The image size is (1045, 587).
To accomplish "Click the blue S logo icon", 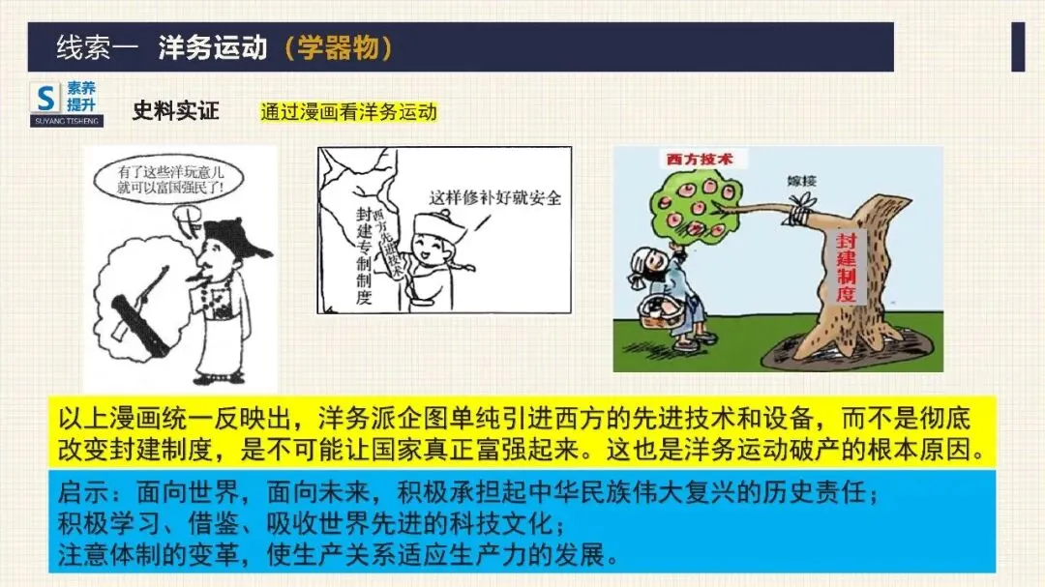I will pos(45,97).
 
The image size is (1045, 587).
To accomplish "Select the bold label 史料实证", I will pos(175,110).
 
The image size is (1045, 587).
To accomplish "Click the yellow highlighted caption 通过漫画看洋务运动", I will pos(348,112).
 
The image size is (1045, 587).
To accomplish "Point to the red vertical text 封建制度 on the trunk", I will pos(845,266).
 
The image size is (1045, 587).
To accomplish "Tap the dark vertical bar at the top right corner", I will pos(1018,46).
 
